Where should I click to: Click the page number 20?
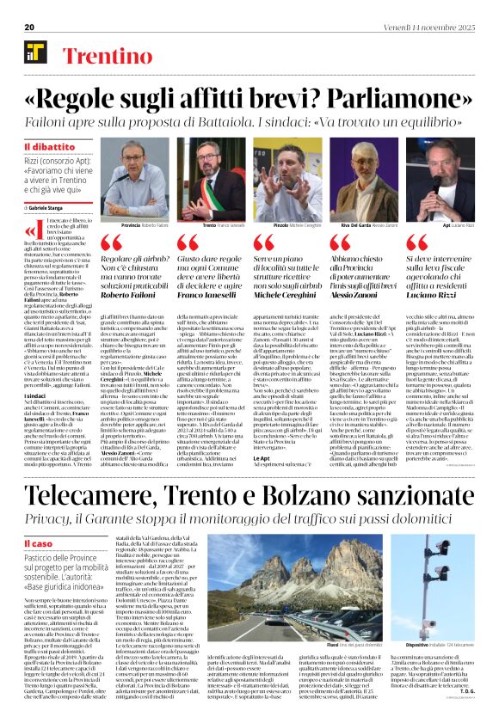(28, 28)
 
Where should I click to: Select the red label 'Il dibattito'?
(50, 148)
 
